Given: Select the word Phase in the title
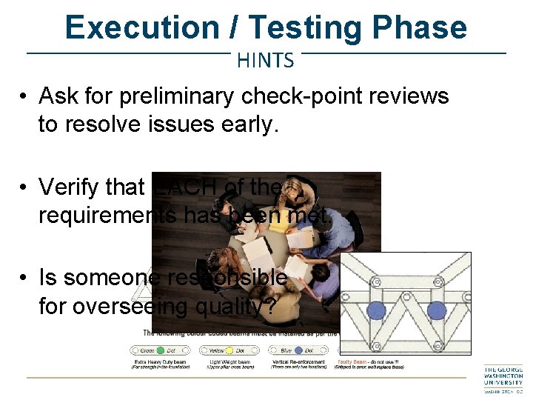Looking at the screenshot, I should pos(420,28).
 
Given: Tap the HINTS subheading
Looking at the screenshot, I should pos(266,61).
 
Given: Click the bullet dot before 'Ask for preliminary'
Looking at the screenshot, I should pos(24,97).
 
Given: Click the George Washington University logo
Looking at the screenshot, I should pos(503,380).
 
